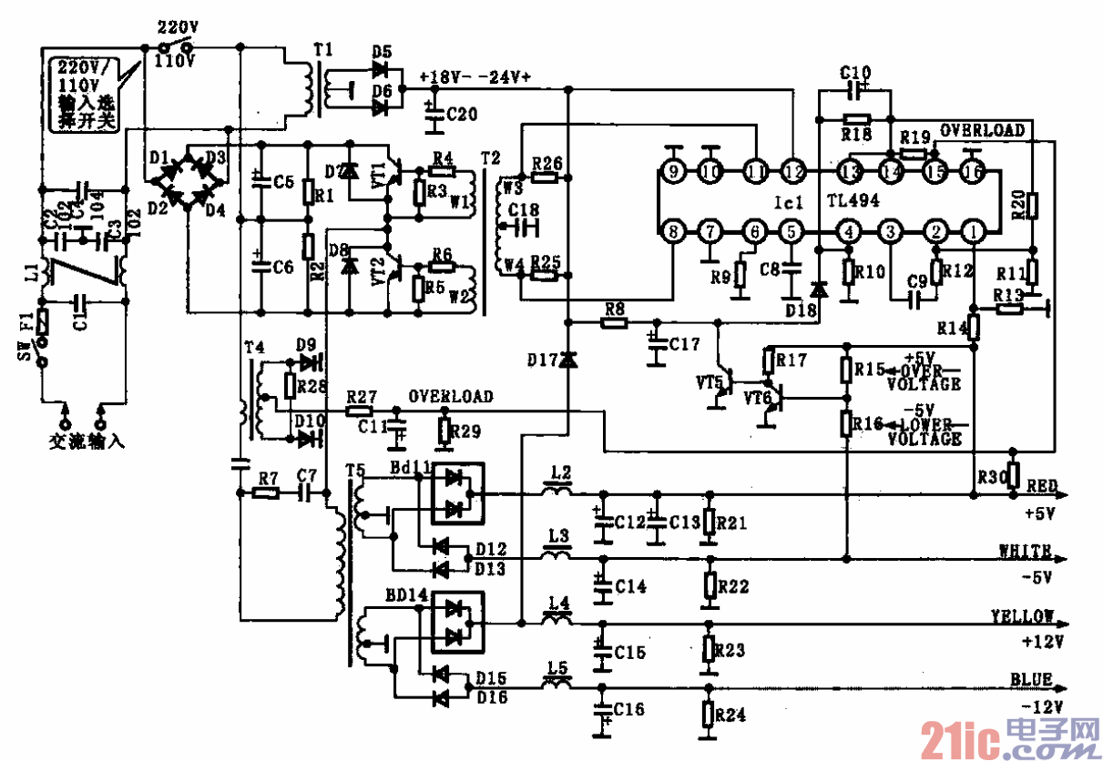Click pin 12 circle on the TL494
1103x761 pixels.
click(793, 170)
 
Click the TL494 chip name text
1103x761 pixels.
click(853, 201)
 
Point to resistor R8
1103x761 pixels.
click(615, 321)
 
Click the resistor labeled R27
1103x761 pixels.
click(361, 411)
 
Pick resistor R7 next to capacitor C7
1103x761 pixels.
click(266, 492)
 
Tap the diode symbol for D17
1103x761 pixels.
click(567, 361)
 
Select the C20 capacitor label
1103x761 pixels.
click(462, 114)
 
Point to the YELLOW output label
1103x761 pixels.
click(1023, 616)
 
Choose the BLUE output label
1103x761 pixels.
click(1031, 679)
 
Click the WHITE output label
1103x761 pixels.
click(1025, 551)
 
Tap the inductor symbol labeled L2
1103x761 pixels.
click(557, 492)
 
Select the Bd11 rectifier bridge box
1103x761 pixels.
click(457, 492)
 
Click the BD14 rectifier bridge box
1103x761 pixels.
click(457, 621)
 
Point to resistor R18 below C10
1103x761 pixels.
click(856, 119)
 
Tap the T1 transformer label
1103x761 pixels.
click(323, 49)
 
